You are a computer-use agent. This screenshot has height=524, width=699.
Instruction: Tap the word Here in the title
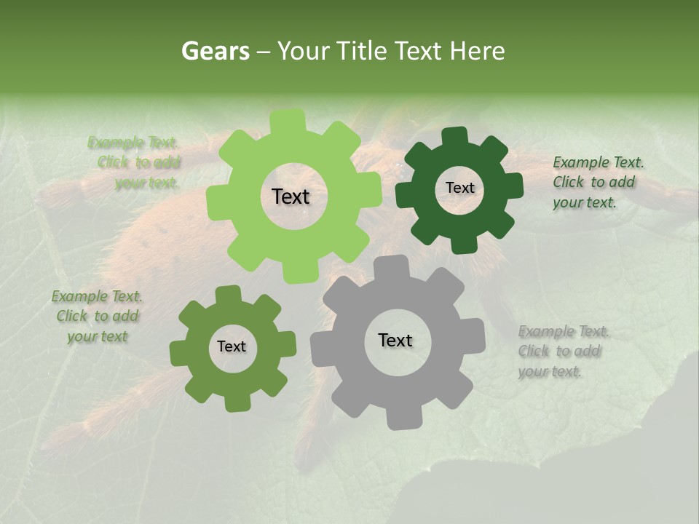pos(477,51)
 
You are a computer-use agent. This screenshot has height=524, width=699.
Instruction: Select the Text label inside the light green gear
pos(291,196)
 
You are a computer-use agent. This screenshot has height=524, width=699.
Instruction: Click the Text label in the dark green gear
pos(459,188)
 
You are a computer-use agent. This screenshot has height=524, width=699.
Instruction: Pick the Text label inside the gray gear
pos(395,340)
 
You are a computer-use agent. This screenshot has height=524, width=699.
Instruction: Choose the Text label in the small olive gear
pos(232,346)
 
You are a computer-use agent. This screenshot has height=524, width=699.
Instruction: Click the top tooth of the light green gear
pos(287,120)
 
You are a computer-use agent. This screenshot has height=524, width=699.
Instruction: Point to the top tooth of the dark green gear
pos(454,135)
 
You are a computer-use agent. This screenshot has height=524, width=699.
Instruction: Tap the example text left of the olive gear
pos(97,316)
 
